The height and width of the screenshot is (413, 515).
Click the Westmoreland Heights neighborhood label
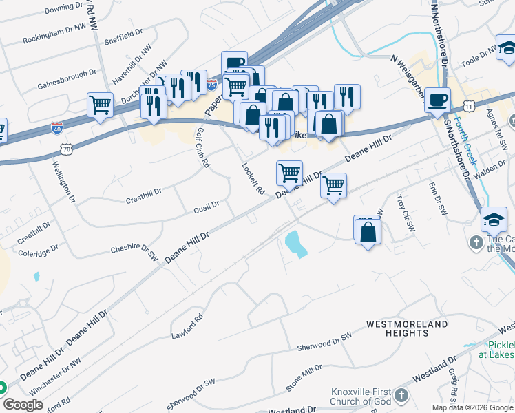(397, 328)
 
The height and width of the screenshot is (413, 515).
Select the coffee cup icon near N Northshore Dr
(437, 101)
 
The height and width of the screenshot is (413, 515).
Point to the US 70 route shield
(66, 148)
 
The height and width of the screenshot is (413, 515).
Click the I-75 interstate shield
(212, 85)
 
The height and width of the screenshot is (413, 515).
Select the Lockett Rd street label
(253, 179)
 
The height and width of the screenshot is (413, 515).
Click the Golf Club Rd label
(202, 148)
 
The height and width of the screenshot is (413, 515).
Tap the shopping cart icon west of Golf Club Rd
(100, 105)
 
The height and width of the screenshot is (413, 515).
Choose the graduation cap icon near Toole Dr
(507, 48)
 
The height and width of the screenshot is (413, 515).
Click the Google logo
(23, 405)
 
